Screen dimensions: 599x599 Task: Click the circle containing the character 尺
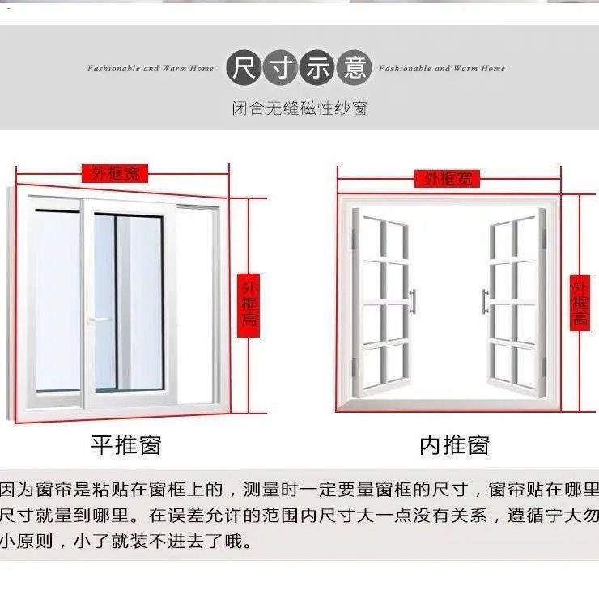coord(244,68)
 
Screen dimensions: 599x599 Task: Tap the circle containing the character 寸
coord(281,68)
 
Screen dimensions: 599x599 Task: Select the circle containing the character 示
coord(317,68)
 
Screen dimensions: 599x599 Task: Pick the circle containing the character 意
coord(354,68)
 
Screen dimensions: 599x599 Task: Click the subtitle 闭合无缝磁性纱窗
coord(299,108)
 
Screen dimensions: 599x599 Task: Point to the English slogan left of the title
coord(151,68)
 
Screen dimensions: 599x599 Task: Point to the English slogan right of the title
coord(442,68)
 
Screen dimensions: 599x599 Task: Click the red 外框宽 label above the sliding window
coord(115,173)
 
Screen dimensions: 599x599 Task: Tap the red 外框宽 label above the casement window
coord(447,178)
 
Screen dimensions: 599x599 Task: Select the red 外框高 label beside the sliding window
coord(249,305)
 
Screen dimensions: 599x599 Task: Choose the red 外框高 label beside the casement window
coord(580,303)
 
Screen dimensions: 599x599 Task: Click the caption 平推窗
coord(126,445)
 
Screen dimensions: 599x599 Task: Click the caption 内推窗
coord(455,445)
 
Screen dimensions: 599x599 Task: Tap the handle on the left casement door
coord(413,301)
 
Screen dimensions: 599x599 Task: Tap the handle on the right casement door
coord(485,301)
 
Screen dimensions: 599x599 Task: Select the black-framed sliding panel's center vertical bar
coord(116,303)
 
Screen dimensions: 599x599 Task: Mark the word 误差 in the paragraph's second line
coord(186,516)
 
